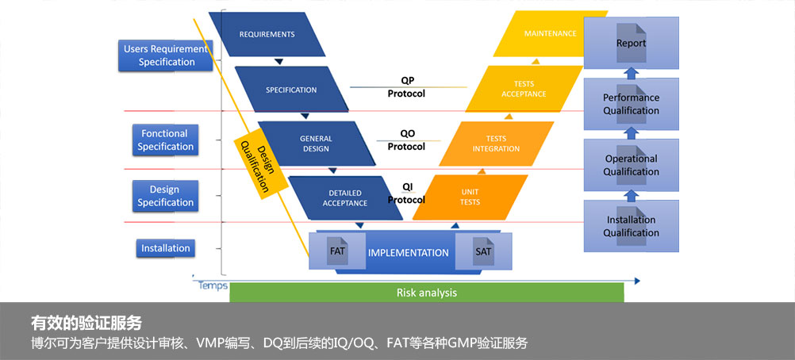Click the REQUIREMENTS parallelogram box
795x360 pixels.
click(267, 34)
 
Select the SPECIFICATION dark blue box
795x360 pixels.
click(291, 90)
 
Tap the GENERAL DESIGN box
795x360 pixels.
click(316, 144)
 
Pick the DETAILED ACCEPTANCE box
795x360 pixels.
click(344, 197)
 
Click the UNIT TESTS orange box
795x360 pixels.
click(470, 197)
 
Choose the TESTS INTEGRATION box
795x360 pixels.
click(496, 144)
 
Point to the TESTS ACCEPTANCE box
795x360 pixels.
click(524, 89)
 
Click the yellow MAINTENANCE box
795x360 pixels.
click(550, 34)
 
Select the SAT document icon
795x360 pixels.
click(483, 252)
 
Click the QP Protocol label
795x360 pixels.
click(406, 87)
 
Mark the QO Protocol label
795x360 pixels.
click(406, 140)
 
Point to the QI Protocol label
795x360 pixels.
click(406, 193)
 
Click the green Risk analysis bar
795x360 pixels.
click(426, 293)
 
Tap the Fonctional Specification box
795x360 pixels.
click(165, 140)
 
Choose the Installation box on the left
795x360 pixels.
click(166, 248)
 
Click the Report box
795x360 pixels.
click(631, 43)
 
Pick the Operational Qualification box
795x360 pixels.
click(631, 165)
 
